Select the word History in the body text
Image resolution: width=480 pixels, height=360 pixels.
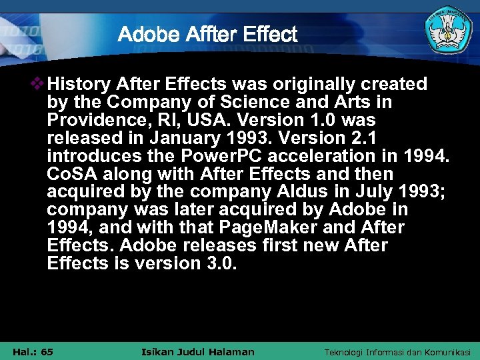pyautogui.click(x=79, y=85)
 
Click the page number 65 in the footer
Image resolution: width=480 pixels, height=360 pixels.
pyautogui.click(x=47, y=352)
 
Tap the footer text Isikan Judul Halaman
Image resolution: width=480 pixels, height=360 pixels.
pyautogui.click(x=199, y=352)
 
